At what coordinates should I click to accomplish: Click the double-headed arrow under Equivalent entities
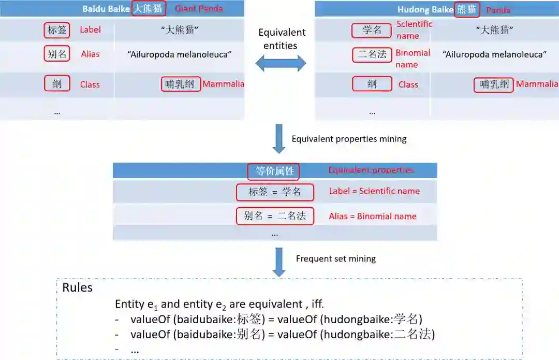(x=281, y=64)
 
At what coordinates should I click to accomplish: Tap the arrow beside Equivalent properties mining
(x=279, y=139)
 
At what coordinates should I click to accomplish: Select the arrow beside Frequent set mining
(x=279, y=262)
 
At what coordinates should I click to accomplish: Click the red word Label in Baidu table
(x=90, y=30)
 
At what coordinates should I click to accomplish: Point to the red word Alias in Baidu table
(x=90, y=54)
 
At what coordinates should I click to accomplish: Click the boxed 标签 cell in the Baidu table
(x=57, y=30)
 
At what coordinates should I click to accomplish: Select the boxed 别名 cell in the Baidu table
(x=57, y=54)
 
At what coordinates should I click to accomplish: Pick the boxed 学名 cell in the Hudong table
(x=372, y=30)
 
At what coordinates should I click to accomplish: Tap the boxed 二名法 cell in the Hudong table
(x=372, y=54)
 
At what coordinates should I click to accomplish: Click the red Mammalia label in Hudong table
(x=537, y=84)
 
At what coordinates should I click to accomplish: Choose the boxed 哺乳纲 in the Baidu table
(x=181, y=84)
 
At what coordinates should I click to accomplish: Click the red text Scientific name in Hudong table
(x=414, y=30)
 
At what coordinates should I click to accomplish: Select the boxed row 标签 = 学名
(x=275, y=192)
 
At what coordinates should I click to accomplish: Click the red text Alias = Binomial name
(x=373, y=216)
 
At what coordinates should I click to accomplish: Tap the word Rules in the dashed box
(x=77, y=288)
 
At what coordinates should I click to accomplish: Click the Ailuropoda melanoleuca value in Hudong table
(x=494, y=54)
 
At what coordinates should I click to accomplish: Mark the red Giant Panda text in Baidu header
(x=199, y=9)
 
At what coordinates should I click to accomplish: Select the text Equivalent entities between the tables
(x=282, y=39)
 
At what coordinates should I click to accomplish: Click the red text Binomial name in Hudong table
(x=413, y=59)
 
